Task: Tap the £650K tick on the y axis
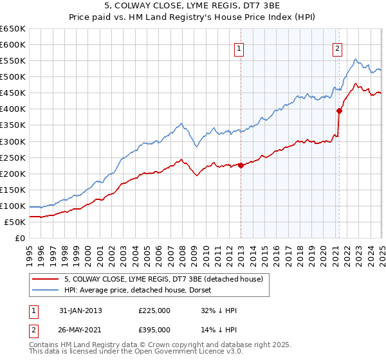(x=13, y=29)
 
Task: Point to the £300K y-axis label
(x=13, y=141)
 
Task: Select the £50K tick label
(x=15, y=222)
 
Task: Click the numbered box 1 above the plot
(x=239, y=48)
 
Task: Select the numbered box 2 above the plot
(x=337, y=48)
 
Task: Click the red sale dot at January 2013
(x=241, y=165)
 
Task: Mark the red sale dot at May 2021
(x=339, y=111)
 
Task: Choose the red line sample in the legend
(x=45, y=279)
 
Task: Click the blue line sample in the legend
(x=45, y=290)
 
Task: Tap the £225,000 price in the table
(x=154, y=310)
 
